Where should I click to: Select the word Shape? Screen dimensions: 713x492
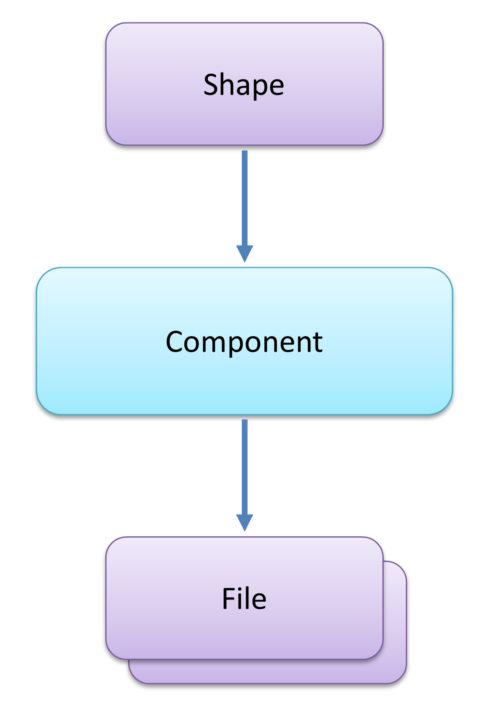pyautogui.click(x=244, y=85)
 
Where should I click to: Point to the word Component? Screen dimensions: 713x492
pyautogui.click(x=244, y=342)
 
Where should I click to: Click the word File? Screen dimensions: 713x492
pyautogui.click(x=244, y=599)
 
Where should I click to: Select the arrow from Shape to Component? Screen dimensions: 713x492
pyautogui.click(x=244, y=199)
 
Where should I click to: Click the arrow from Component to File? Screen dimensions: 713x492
pyautogui.click(x=244, y=468)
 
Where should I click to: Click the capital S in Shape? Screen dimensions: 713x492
pyautogui.click(x=211, y=84)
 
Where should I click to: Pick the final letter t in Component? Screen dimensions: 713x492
pyautogui.click(x=318, y=343)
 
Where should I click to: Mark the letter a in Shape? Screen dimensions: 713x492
pyautogui.click(x=244, y=87)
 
